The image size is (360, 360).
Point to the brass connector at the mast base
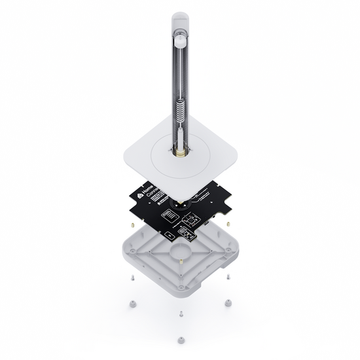coord(179,152)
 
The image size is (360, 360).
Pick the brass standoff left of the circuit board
coord(132,225)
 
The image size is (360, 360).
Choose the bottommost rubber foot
coord(180,340)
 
